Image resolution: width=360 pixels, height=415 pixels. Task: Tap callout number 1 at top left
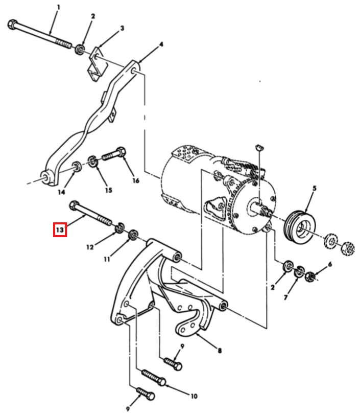58,7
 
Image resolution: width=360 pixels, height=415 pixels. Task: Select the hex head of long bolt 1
12,25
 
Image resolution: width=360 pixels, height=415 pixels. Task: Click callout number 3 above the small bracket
122,28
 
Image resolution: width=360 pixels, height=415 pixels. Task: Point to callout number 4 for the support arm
161,44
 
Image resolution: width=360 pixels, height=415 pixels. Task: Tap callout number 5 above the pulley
315,189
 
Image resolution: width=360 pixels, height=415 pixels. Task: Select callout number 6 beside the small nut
330,264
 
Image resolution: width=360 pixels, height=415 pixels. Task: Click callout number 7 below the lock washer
285,298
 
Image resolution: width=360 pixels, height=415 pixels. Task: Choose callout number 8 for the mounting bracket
220,351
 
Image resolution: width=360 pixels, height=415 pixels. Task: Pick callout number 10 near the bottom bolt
194,396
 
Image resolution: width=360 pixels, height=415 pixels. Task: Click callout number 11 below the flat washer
107,260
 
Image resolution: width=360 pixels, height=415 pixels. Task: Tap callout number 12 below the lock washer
90,247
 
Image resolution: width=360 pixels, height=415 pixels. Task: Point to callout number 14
61,192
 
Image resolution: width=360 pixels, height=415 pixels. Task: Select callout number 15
108,190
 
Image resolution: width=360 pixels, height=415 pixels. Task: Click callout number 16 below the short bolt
136,180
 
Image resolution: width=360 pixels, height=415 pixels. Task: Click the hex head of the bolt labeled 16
121,151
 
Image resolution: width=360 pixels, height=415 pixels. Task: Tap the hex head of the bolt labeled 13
74,205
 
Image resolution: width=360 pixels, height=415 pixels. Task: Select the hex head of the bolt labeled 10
162,382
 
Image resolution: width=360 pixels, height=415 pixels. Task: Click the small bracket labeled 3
97,64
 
